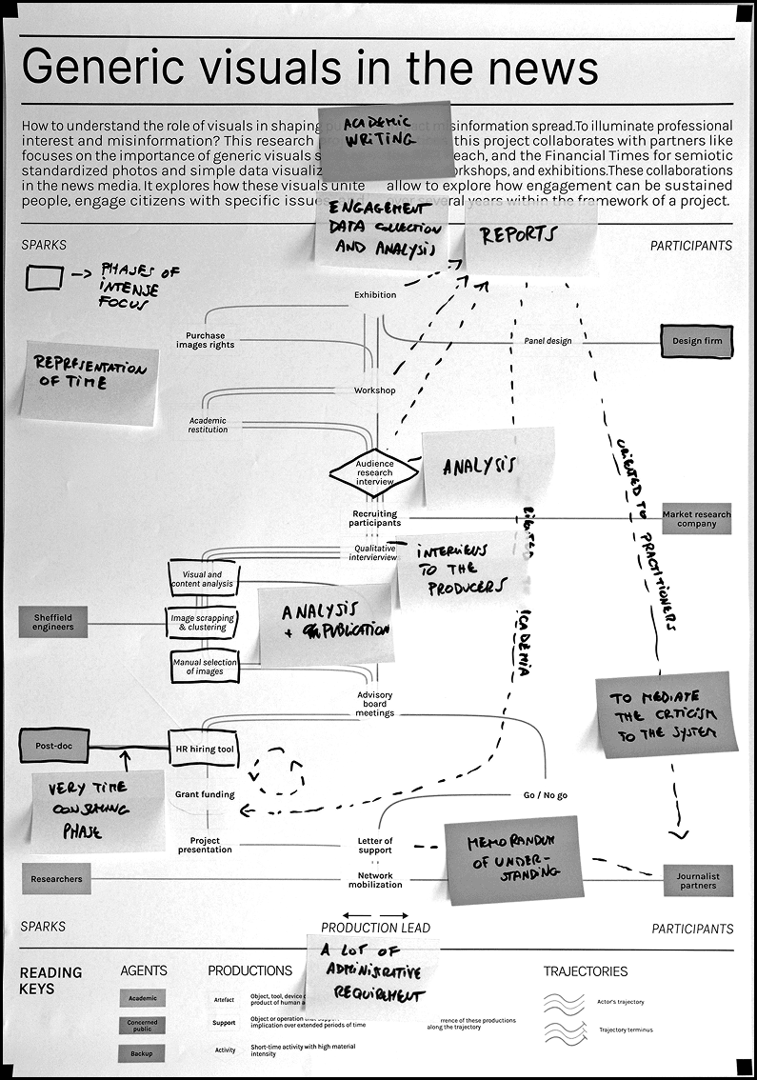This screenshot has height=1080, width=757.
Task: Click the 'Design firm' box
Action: click(x=697, y=341)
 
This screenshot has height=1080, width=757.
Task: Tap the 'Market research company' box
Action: click(x=697, y=519)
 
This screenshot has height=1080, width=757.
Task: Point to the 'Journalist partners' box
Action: click(x=698, y=881)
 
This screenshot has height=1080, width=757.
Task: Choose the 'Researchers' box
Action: click(x=56, y=879)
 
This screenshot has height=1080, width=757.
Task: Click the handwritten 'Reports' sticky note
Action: click(x=528, y=236)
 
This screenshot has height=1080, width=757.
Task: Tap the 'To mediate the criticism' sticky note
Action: click(x=668, y=718)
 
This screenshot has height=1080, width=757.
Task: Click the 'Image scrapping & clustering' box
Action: click(x=201, y=622)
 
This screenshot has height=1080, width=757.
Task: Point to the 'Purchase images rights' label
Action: click(x=205, y=340)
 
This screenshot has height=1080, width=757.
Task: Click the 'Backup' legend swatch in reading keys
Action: click(x=141, y=1052)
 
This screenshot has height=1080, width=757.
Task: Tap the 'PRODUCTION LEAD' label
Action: click(x=375, y=928)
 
